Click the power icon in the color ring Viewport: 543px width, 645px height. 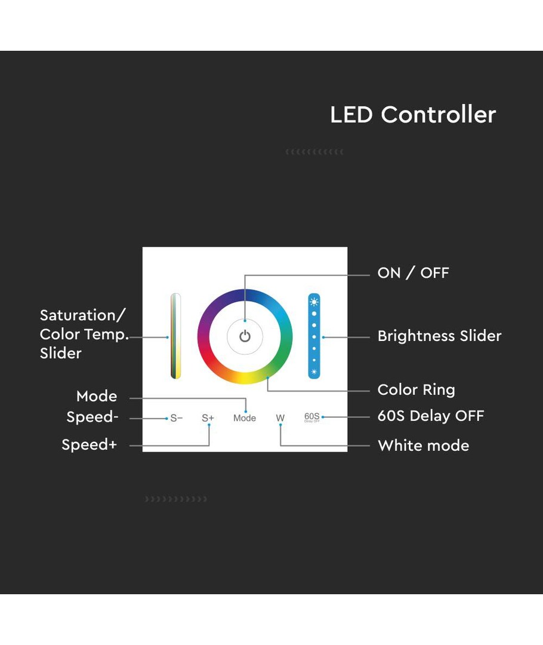tap(245, 336)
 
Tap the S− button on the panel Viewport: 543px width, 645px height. tap(176, 418)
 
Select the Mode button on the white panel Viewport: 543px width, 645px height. tap(245, 418)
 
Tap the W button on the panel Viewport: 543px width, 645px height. tap(280, 418)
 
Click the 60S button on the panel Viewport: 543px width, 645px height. tap(312, 417)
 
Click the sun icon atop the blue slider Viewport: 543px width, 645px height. tap(314, 302)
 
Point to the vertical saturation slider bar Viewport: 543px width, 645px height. tap(175, 336)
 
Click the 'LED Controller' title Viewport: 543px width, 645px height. tap(413, 115)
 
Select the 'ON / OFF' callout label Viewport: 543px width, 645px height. tap(413, 273)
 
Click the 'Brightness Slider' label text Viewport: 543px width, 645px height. tap(439, 336)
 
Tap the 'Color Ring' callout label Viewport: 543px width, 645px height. tap(416, 390)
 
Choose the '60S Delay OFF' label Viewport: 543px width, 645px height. tap(431, 416)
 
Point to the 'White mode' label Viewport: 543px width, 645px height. tap(423, 446)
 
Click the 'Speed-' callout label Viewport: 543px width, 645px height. tap(92, 417)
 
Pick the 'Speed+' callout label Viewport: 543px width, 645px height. tap(90, 445)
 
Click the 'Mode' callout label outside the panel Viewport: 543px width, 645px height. tap(97, 396)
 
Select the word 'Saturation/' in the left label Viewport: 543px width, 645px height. tap(83, 315)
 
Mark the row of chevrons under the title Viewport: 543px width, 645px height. tap(314, 152)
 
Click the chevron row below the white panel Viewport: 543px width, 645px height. tap(176, 499)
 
